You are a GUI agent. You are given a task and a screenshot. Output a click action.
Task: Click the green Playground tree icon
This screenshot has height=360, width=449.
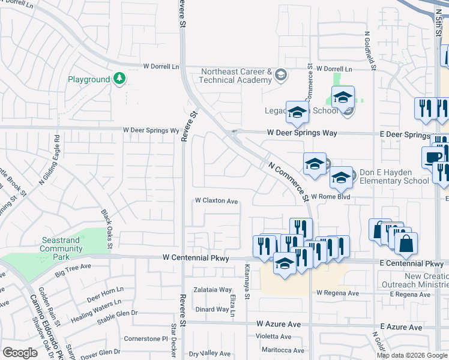tap(119, 79)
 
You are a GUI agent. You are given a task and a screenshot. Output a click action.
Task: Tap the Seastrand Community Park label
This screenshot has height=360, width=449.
tap(61, 248)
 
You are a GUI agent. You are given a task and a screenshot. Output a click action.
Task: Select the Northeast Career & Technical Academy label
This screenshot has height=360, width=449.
tap(237, 76)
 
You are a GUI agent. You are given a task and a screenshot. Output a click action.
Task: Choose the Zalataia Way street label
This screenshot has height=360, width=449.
tap(212, 289)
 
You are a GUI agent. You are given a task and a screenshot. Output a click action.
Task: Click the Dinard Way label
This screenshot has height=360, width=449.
tap(212, 310)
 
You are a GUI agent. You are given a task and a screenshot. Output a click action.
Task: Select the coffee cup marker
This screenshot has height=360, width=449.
tap(432, 157)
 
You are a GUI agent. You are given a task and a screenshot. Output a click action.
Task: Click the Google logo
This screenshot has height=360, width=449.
tap(20, 353)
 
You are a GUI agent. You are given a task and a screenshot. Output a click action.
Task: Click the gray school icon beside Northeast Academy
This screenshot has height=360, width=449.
tap(280, 76)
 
